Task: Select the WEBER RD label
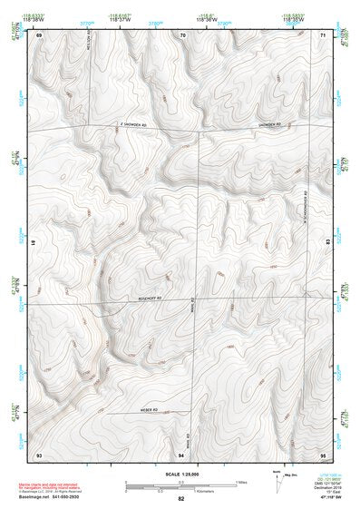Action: click(150, 409)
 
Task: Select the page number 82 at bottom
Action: click(180, 499)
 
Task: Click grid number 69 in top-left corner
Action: click(39, 35)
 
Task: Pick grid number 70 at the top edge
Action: click(182, 35)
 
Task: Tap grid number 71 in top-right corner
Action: click(324, 35)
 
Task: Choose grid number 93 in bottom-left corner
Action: click(39, 454)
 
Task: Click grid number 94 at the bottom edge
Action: click(182, 454)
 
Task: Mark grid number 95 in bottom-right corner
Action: click(324, 454)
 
